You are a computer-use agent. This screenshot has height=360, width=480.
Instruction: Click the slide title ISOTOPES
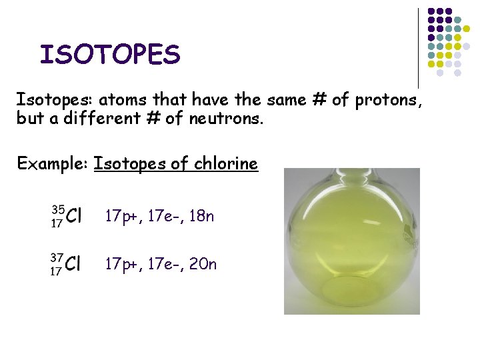pyautogui.click(x=110, y=55)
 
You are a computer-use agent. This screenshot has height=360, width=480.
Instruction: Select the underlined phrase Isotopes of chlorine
pyautogui.click(x=176, y=163)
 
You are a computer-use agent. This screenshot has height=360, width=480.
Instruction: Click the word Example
pyautogui.click(x=52, y=163)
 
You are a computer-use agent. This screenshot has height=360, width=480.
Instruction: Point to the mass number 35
pyautogui.click(x=57, y=208)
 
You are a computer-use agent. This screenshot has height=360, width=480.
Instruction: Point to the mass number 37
pyautogui.click(x=57, y=256)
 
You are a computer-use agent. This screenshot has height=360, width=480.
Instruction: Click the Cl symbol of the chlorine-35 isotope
pyautogui.click(x=74, y=216)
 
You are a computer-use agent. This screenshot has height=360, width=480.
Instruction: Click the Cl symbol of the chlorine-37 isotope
pyautogui.click(x=74, y=264)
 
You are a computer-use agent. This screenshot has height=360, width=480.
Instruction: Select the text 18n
pyautogui.click(x=201, y=216)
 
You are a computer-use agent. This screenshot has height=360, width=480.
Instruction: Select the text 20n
pyautogui.click(x=202, y=264)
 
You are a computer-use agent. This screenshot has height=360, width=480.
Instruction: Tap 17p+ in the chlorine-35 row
pyautogui.click(x=120, y=216)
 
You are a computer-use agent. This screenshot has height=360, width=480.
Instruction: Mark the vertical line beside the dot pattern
pyautogui.click(x=419, y=47)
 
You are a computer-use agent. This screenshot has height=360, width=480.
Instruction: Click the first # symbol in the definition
pyautogui.click(x=317, y=100)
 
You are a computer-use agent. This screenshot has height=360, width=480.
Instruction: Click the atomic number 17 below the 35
pyautogui.click(x=57, y=224)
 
